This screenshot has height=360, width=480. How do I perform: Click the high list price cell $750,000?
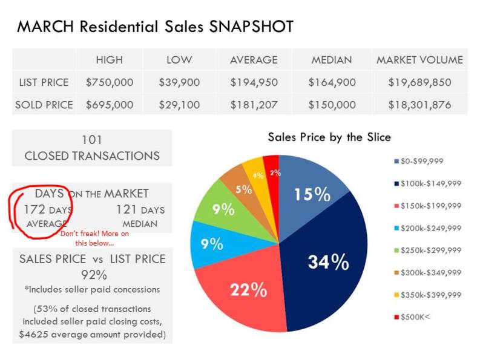(x=109, y=82)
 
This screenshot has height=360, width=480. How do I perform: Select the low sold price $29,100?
(x=180, y=105)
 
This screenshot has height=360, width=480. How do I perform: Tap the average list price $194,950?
(x=254, y=82)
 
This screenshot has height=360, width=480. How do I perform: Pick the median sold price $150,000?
(x=332, y=105)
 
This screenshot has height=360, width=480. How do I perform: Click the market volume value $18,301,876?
(x=419, y=105)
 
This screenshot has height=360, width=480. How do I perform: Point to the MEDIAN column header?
(x=332, y=59)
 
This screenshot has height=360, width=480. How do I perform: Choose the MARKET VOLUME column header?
(x=419, y=59)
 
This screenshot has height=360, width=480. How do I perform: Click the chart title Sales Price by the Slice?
(x=329, y=137)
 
